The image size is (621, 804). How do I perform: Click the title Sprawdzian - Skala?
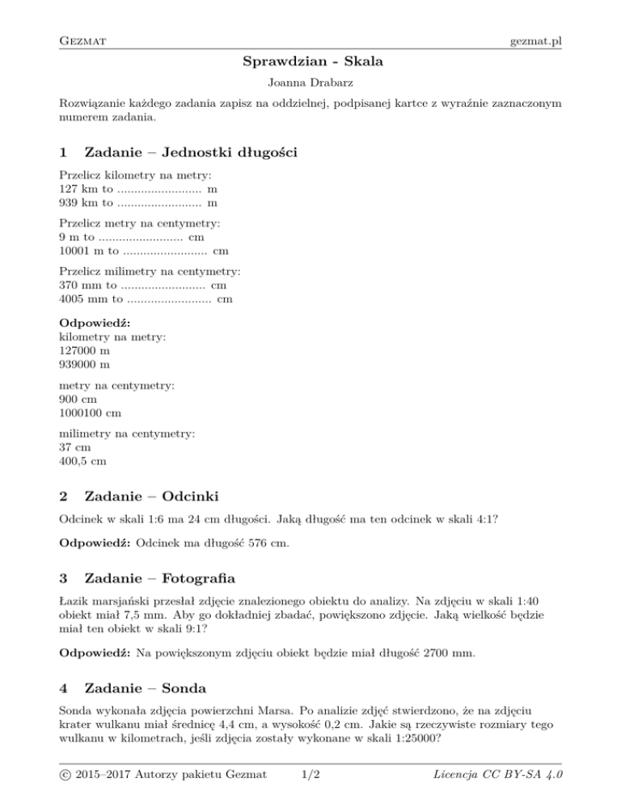pos(310,61)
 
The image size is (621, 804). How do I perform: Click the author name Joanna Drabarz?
pos(310,83)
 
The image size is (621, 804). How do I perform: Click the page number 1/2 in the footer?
pos(310,776)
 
